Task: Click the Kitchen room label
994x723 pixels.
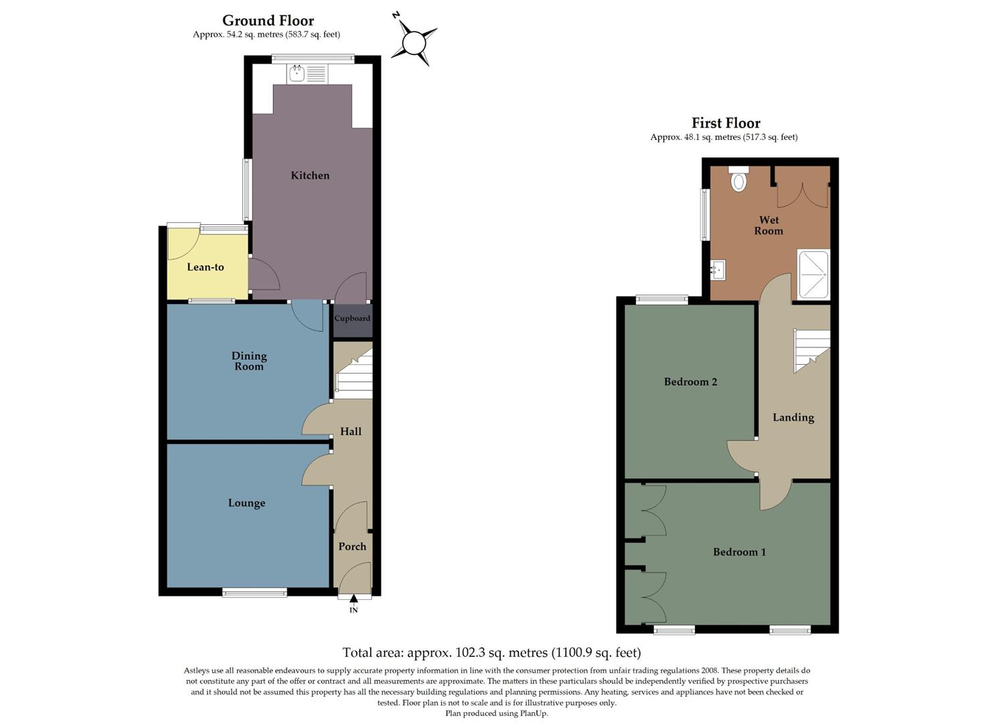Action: tap(310, 175)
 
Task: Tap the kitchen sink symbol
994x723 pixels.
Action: tap(307, 74)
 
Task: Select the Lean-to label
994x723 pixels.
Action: tap(205, 267)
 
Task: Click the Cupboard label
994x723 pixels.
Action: tap(352, 319)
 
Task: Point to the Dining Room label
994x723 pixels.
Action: tap(249, 361)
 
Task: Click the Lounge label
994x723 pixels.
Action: tap(246, 503)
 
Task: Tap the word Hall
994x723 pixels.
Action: tap(351, 432)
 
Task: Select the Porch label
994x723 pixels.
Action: tap(352, 547)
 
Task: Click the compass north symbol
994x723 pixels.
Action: tap(414, 43)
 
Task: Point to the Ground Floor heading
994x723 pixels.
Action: tap(268, 21)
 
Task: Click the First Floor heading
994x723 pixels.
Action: tap(726, 123)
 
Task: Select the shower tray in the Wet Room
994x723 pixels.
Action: tap(813, 274)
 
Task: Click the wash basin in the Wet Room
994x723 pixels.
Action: tap(718, 270)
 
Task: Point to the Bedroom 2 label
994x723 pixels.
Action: tap(690, 382)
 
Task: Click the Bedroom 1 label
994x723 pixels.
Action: tap(739, 552)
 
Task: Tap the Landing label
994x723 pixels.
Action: tap(793, 418)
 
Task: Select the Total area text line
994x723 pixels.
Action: tap(491, 653)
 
